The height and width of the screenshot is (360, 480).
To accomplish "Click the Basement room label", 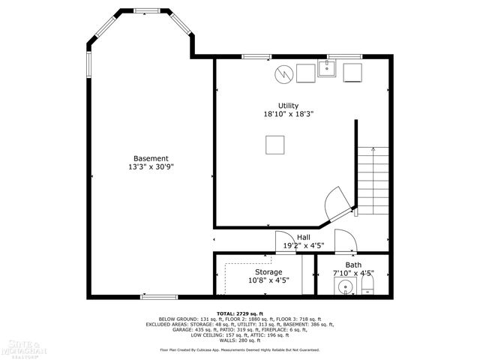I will (151, 158).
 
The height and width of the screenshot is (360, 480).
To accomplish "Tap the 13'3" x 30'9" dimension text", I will (151, 168).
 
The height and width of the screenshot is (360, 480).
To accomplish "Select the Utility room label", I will (288, 106).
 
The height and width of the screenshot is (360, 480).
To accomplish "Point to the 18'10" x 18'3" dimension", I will (288, 115).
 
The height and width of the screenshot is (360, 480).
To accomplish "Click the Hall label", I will (303, 237).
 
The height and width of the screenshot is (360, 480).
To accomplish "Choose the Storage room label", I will (268, 271).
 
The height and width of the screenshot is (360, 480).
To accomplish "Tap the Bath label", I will (353, 265).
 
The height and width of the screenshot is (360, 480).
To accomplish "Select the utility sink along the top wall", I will (328, 70).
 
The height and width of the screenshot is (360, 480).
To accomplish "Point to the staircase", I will (373, 180).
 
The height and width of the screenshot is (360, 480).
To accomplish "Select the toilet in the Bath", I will (367, 289).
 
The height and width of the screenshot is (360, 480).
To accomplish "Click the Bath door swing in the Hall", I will (345, 241).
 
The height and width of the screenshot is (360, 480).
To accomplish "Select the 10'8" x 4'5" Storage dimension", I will (268, 280).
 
